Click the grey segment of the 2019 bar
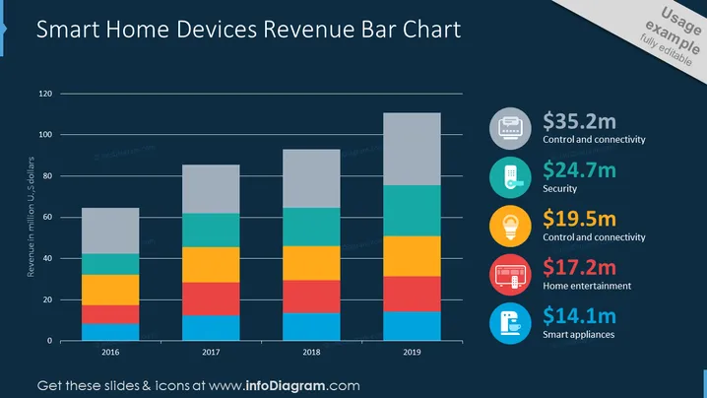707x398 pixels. click(x=412, y=149)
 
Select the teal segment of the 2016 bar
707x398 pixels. click(x=110, y=264)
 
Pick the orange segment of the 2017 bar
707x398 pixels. click(x=211, y=265)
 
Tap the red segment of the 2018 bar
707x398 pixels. click(x=311, y=297)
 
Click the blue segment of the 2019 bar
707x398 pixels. click(x=412, y=326)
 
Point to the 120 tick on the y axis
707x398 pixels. click(x=45, y=94)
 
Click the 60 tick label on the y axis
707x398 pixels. click(x=47, y=217)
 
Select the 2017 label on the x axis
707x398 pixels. click(x=211, y=352)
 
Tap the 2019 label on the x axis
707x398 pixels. click(x=412, y=352)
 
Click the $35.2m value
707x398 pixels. click(x=579, y=121)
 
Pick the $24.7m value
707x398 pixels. click(x=579, y=170)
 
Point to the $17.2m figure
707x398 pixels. click(x=579, y=267)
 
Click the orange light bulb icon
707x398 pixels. click(x=510, y=226)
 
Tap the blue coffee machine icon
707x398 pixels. click(x=510, y=323)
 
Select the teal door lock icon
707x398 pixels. click(x=510, y=177)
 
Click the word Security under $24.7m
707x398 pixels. click(x=559, y=188)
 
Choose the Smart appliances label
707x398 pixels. click(x=578, y=335)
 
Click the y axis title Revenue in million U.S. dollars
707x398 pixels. click(x=31, y=217)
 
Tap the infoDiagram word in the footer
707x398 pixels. click(x=286, y=386)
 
